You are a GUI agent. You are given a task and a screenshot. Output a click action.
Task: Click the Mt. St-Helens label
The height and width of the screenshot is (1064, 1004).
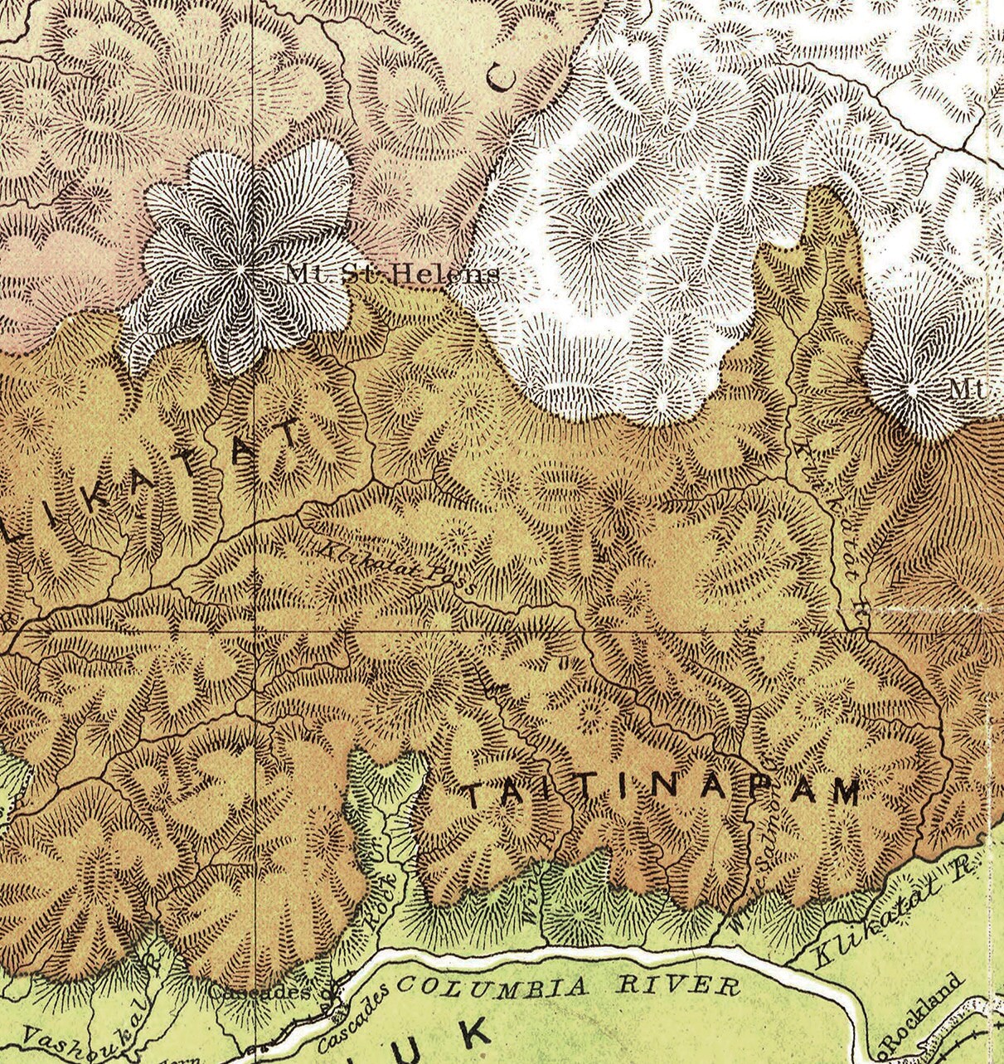pyautogui.click(x=393, y=274)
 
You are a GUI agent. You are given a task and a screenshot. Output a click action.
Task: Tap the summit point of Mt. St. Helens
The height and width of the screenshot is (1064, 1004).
pyautogui.click(x=240, y=270)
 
